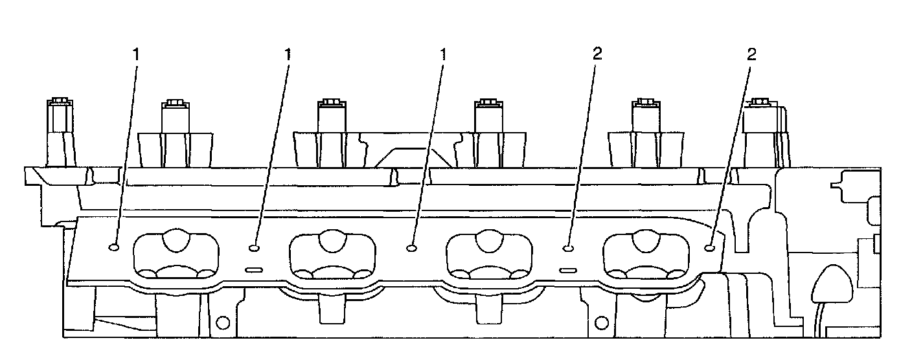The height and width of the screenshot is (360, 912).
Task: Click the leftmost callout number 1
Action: [x=136, y=54]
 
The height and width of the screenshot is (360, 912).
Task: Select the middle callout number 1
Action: [x=288, y=54]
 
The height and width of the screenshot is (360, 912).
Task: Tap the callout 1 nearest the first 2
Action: [x=444, y=54]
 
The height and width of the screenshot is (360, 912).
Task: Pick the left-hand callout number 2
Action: [x=597, y=54]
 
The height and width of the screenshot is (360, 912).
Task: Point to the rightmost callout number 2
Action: [x=751, y=54]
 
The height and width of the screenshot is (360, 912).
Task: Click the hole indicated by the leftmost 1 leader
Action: [x=114, y=247]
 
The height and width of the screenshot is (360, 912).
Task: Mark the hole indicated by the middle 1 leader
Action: [x=254, y=247]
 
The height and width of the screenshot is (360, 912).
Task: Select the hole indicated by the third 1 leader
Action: [x=411, y=247]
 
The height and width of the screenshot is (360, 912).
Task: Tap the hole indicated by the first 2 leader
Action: [x=567, y=247]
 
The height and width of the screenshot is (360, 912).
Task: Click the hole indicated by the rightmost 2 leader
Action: [x=709, y=247]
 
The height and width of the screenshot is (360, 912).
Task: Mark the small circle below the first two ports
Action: [x=223, y=322]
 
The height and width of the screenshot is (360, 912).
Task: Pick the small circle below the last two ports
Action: [x=601, y=322]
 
